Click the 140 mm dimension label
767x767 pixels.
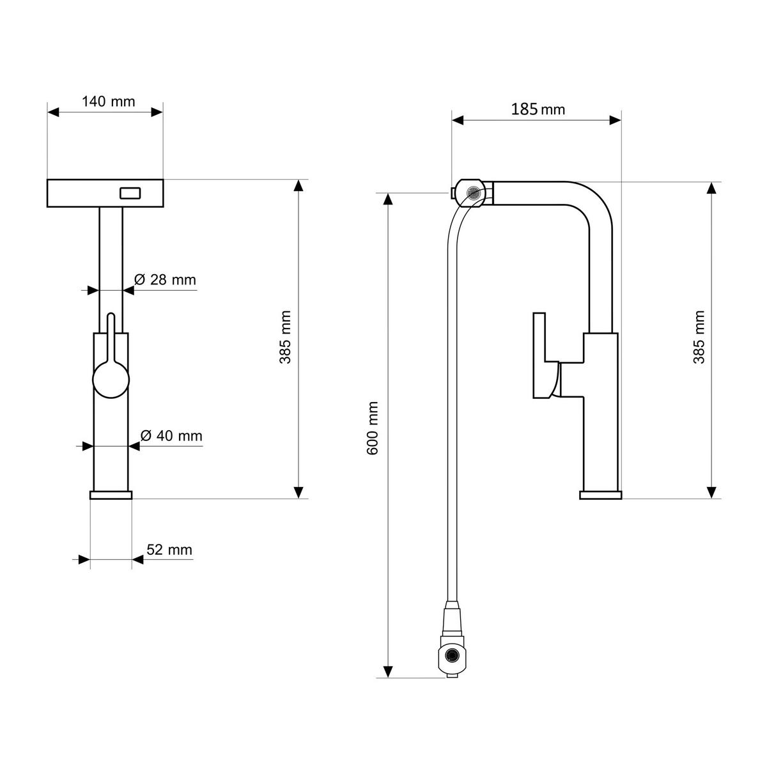click(109, 102)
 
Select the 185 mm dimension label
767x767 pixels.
click(538, 109)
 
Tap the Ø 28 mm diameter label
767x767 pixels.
click(165, 279)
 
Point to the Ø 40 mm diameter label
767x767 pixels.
click(171, 436)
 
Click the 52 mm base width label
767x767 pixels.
click(169, 550)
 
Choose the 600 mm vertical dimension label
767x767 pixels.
click(374, 428)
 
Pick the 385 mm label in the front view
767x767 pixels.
click(285, 337)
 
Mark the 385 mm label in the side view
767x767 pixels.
click(700, 337)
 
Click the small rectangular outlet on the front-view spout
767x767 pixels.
click(131, 192)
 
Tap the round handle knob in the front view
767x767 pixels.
click(111, 379)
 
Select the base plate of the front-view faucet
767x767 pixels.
click(111, 495)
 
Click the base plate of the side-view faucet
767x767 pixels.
click(600, 495)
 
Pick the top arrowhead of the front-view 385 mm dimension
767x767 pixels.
click(298, 186)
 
